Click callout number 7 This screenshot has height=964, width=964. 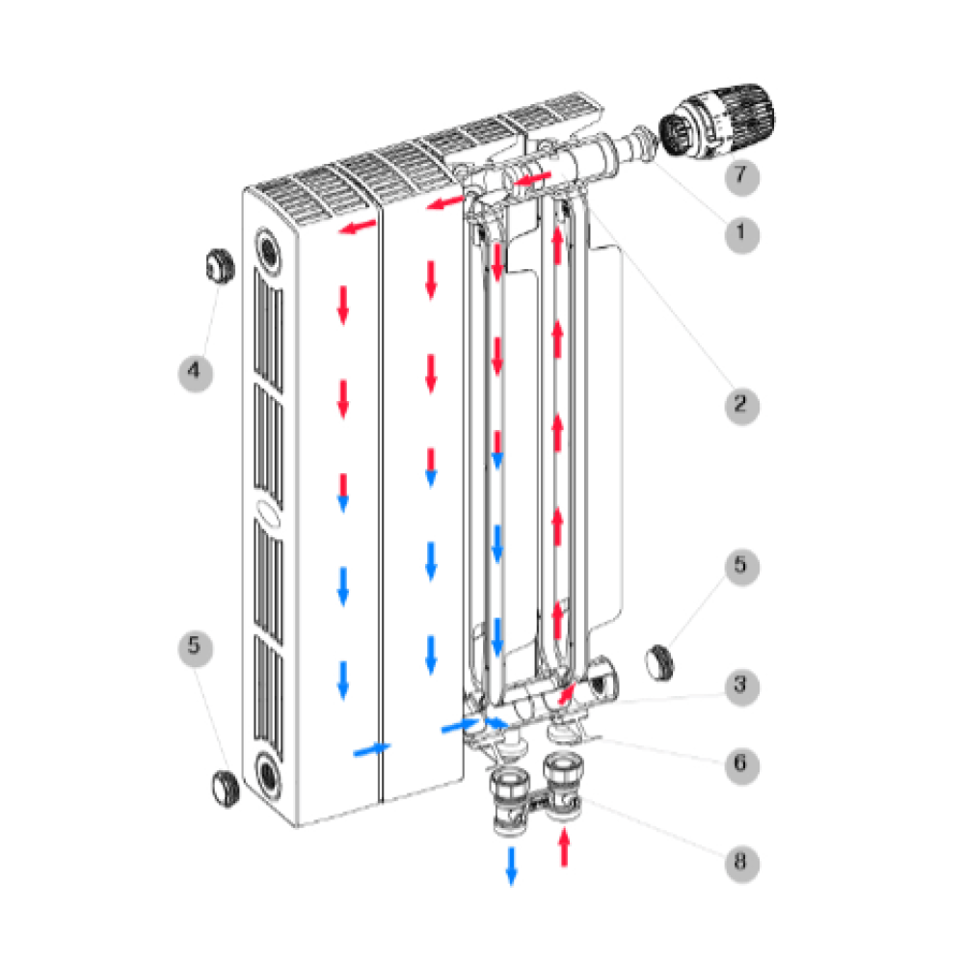[741, 176]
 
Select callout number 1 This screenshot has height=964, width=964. [741, 234]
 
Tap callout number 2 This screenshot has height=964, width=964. [741, 406]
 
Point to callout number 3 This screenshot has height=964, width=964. [741, 686]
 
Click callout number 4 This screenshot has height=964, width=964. [195, 372]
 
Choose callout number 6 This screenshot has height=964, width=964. [741, 765]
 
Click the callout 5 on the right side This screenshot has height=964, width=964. [741, 567]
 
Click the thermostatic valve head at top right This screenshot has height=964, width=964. [717, 120]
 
